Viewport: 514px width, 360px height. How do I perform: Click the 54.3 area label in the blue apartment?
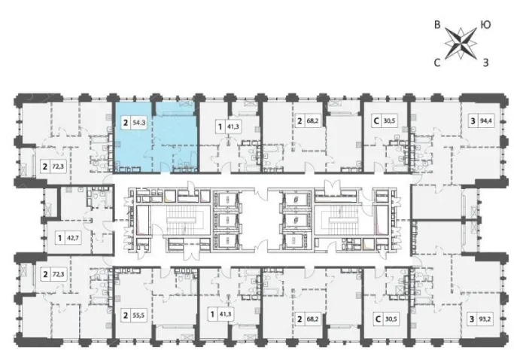tap(139, 123)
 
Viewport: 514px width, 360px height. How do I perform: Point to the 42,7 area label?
tap(74, 237)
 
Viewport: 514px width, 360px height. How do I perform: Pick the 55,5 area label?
tap(139, 316)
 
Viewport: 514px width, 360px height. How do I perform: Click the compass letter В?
tap(437, 25)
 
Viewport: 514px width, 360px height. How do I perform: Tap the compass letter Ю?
tap(485, 25)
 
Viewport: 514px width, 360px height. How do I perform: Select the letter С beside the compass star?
tap(437, 63)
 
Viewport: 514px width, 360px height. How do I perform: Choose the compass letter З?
tap(486, 63)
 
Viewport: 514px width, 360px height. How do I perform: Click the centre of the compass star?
tap(461, 44)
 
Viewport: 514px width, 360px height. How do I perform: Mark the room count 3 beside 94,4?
tap(473, 121)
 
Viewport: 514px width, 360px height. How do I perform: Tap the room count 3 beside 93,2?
tap(472, 319)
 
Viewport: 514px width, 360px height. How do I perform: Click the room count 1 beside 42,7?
tap(59, 237)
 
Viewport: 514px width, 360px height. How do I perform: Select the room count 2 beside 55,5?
tap(125, 316)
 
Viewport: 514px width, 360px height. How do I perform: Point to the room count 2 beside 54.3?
tap(125, 123)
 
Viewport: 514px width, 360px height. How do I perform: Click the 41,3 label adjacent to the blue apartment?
tap(233, 127)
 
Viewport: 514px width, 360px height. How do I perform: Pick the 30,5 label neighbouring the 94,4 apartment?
tap(389, 121)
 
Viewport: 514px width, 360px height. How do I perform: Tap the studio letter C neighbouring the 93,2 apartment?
tap(378, 319)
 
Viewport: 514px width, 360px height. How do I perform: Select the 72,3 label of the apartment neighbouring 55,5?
tap(58, 273)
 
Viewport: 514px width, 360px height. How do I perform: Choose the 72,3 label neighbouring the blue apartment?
tap(58, 166)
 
